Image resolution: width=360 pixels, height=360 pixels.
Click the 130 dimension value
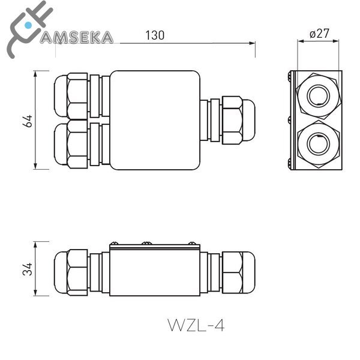coord(155,35)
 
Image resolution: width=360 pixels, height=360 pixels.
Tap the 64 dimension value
coord(27,120)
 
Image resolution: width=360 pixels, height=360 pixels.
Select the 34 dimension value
coord(27,268)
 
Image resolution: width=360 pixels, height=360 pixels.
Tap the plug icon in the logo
coord(24,29)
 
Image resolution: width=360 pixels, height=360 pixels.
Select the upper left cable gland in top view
coord(75,96)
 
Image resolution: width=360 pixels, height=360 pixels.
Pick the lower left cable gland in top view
coord(75,144)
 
